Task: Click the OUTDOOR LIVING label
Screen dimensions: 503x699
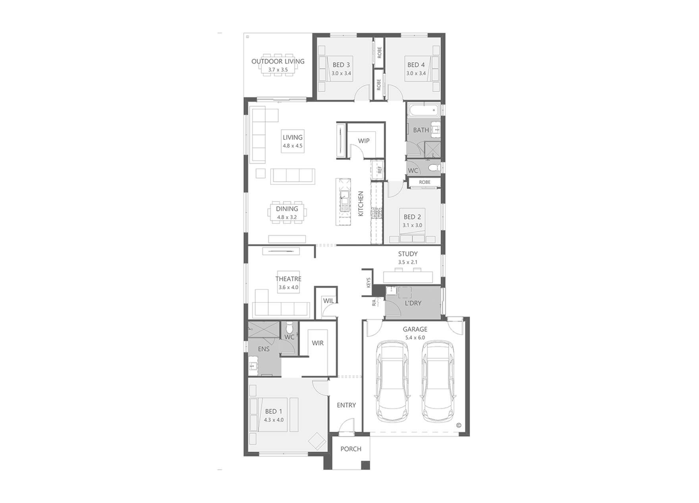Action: [278, 61]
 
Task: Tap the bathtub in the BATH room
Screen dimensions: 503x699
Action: [423, 110]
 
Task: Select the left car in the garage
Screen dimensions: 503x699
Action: [392, 381]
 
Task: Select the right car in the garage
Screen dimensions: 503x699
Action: [438, 381]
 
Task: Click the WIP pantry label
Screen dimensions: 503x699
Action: [363, 141]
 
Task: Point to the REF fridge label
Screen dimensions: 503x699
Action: [380, 170]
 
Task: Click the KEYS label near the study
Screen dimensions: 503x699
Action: [368, 282]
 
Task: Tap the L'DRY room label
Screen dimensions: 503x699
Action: [413, 303]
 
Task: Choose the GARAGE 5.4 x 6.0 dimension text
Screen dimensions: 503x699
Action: [415, 338]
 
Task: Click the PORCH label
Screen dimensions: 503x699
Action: [351, 449]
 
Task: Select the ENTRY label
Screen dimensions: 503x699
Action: [346, 405]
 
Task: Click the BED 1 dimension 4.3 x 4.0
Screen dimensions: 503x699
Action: [274, 420]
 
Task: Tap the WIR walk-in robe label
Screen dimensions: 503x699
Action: [317, 343]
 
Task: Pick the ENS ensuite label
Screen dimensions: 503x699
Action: [263, 349]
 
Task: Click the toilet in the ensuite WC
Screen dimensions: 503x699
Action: [289, 328]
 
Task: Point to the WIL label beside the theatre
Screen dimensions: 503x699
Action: [328, 301]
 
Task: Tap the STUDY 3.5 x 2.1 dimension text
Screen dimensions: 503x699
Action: [407, 262]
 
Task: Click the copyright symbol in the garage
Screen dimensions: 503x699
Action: [459, 425]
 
